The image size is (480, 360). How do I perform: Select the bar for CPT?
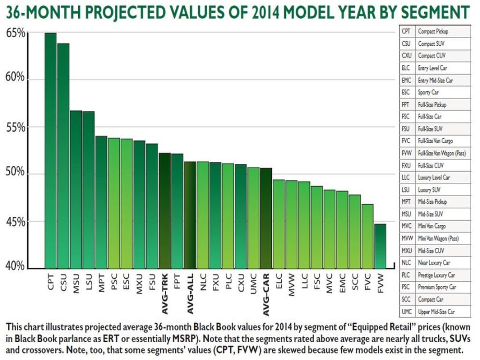pyautogui.click(x=51, y=151)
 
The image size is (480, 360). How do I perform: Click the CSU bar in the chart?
pyautogui.click(x=63, y=156)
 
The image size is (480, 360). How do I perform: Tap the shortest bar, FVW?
pyautogui.click(x=380, y=246)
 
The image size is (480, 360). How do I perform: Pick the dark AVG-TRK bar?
pyautogui.click(x=165, y=211)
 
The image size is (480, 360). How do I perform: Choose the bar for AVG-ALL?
pyautogui.click(x=190, y=215)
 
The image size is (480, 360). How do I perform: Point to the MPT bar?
pyautogui.click(x=101, y=202)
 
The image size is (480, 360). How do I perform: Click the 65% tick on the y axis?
pyautogui.click(x=15, y=33)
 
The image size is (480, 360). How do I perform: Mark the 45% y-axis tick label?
pyautogui.click(x=15, y=222)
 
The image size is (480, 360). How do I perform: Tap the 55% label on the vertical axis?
pyautogui.click(x=15, y=127)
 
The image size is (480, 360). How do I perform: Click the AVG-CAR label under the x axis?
pyautogui.click(x=266, y=294)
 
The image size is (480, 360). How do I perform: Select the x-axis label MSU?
pyautogui.click(x=76, y=283)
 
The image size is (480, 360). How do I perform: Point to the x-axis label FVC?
pyautogui.click(x=368, y=283)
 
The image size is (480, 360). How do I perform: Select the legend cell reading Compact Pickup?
pyautogui.click(x=433, y=31)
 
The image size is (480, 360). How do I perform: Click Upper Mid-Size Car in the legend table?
pyautogui.click(x=436, y=311)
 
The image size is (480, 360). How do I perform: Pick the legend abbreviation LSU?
pyautogui.click(x=405, y=190)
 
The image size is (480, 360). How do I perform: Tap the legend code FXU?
pyautogui.click(x=406, y=165)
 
